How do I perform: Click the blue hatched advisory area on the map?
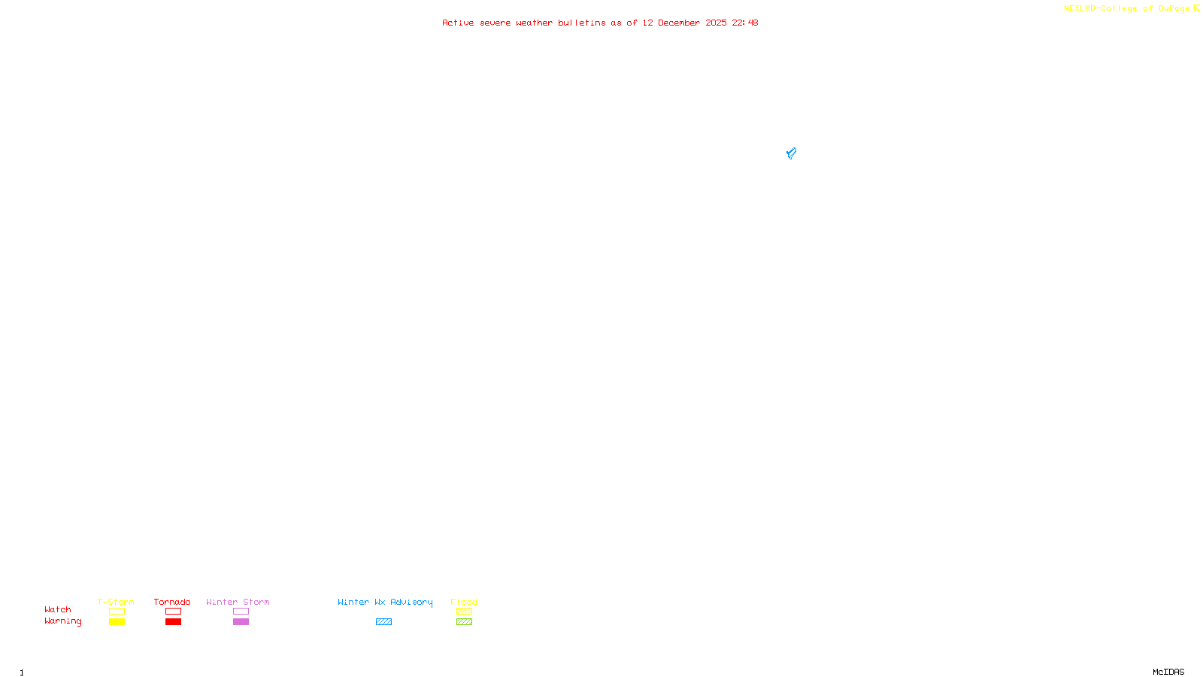pyautogui.click(x=791, y=153)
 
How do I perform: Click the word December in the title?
pyautogui.click(x=679, y=23)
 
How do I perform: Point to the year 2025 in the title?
pyautogui.click(x=716, y=23)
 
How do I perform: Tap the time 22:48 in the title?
pyautogui.click(x=745, y=23)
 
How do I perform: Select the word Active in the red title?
pyautogui.click(x=458, y=23)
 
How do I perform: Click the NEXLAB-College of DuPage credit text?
pyautogui.click(x=1126, y=8)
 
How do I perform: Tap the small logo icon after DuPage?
pyautogui.click(x=1196, y=8)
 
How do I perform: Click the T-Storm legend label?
pyautogui.click(x=116, y=602)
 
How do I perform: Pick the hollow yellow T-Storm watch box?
pyautogui.click(x=117, y=612)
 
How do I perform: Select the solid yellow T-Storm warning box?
pyautogui.click(x=117, y=622)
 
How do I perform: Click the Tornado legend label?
pyautogui.click(x=172, y=602)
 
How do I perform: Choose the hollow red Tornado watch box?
pyautogui.click(x=173, y=612)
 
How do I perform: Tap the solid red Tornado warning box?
pyautogui.click(x=173, y=622)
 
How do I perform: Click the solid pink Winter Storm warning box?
pyautogui.click(x=241, y=622)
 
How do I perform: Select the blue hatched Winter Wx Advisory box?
pyautogui.click(x=383, y=622)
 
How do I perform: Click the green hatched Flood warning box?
pyautogui.click(x=464, y=622)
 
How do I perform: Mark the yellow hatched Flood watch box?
pyautogui.click(x=464, y=612)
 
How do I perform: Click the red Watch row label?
pyautogui.click(x=58, y=609)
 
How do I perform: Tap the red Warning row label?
pyautogui.click(x=63, y=621)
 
